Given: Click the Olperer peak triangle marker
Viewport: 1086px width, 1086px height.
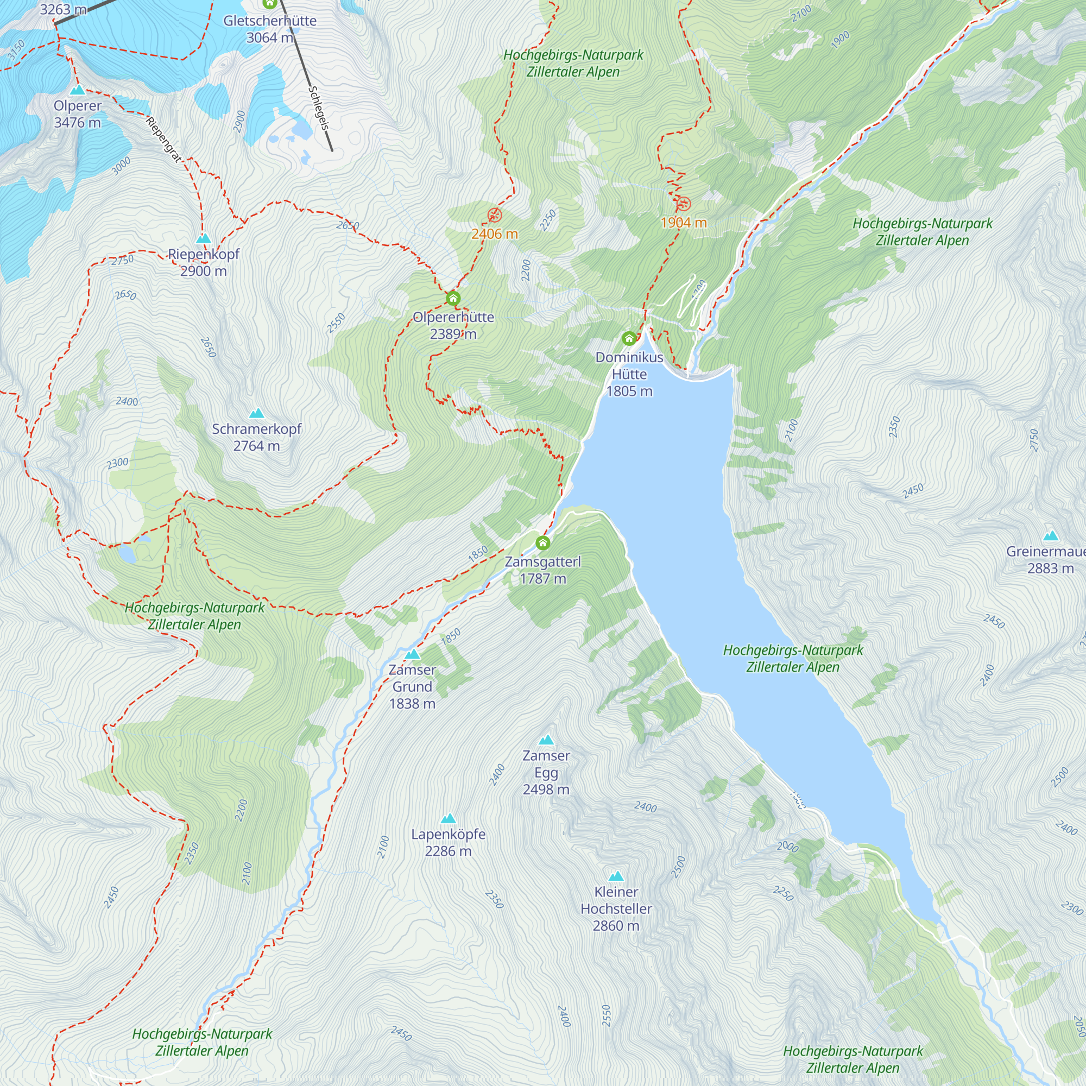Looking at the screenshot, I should (78, 90).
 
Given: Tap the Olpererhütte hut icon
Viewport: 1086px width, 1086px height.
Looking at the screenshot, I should (453, 299).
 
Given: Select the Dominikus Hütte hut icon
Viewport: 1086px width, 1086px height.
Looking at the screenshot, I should (629, 338).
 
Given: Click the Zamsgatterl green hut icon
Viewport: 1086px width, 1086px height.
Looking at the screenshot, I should (542, 543).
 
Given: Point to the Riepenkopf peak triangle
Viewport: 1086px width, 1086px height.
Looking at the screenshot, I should (204, 238).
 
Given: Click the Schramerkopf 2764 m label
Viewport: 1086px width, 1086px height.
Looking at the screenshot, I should (256, 437).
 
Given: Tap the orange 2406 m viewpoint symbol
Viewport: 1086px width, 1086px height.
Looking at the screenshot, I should (495, 214).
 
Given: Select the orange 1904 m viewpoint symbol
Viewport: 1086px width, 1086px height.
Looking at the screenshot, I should (684, 204).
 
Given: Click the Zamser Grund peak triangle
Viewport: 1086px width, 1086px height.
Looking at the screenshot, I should (413, 654).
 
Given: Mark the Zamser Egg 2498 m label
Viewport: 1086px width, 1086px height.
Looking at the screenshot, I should (546, 772).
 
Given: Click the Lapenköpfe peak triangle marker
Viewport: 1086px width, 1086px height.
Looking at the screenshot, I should (448, 818).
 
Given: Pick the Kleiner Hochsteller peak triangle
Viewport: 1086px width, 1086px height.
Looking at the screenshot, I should (616, 876).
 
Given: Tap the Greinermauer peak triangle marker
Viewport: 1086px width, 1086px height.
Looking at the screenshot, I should (1051, 536).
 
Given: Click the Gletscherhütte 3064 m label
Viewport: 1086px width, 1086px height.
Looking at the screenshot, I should (270, 29).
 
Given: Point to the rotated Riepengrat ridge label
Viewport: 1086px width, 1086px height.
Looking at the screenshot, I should (164, 140).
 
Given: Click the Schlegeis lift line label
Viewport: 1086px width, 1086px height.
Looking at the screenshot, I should (318, 109).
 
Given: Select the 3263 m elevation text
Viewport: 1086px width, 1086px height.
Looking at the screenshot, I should (63, 10).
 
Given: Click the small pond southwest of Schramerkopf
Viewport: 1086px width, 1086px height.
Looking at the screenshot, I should (127, 555).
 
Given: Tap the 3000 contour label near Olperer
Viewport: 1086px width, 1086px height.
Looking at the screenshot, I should (121, 165).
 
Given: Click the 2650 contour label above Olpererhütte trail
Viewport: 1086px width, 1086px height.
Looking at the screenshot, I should (348, 225).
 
